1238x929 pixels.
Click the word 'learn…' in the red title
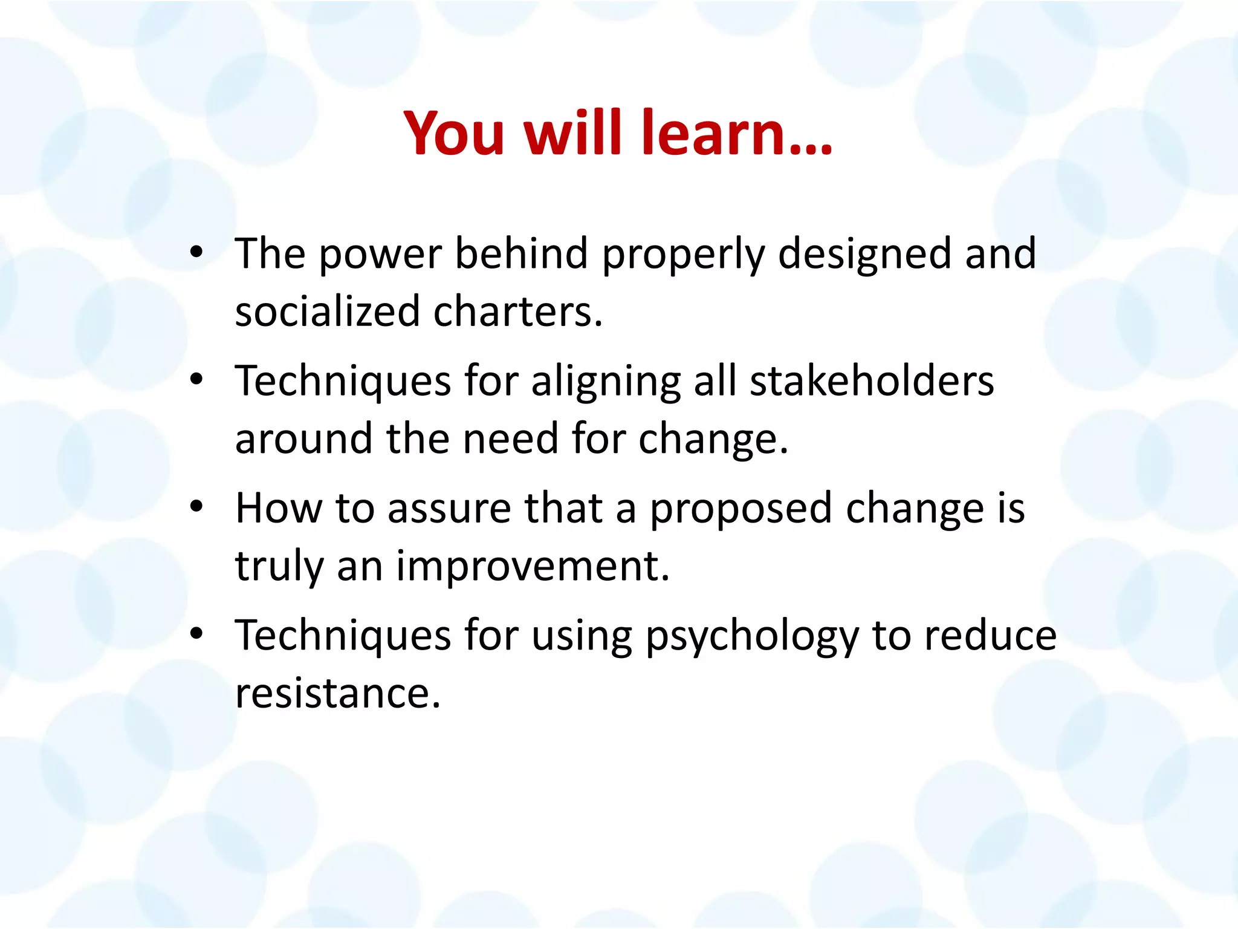737,133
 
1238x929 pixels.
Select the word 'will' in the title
572,133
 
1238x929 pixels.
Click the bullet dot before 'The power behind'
196,253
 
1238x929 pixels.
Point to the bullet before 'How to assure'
196,507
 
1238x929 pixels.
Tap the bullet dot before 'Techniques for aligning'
196,380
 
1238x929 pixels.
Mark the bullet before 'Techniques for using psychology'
196,634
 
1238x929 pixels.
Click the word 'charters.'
518,311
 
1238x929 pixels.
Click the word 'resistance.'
338,693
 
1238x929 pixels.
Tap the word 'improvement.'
533,566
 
